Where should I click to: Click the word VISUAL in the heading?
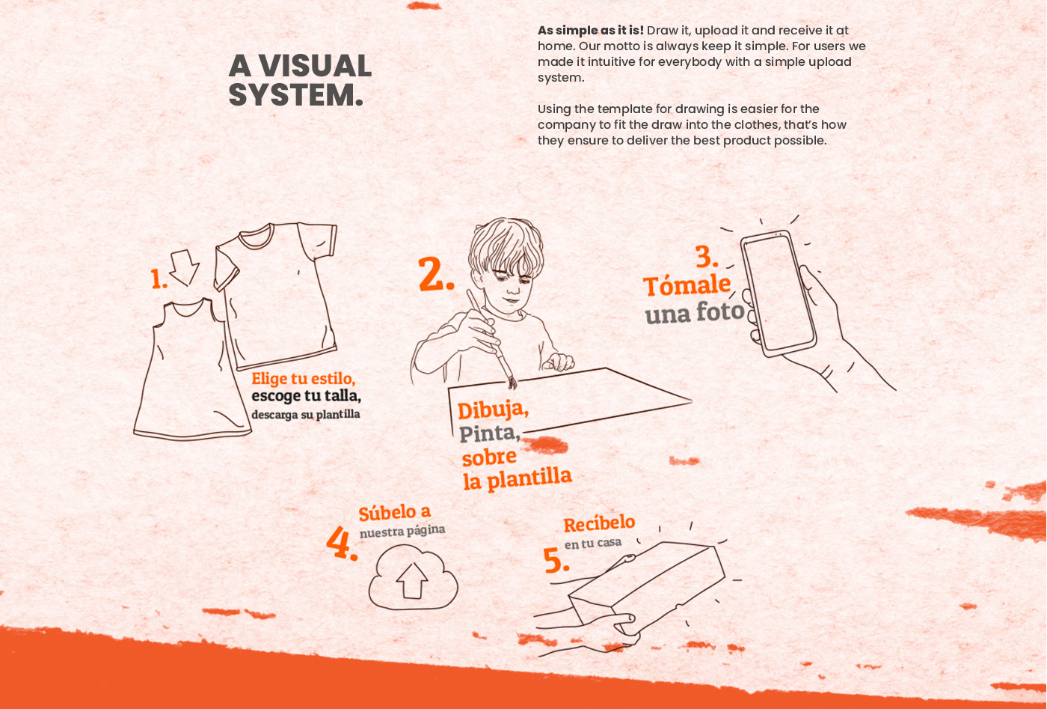pyautogui.click(x=316, y=66)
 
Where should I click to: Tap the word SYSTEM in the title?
pyautogui.click(x=292, y=95)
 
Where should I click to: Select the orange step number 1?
pyautogui.click(x=158, y=279)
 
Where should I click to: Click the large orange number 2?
pyautogui.click(x=435, y=274)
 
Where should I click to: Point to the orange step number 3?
pyautogui.click(x=706, y=257)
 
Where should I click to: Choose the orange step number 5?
pyautogui.click(x=556, y=560)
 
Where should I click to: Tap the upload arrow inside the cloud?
pyautogui.click(x=412, y=580)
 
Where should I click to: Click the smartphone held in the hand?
pyautogui.click(x=778, y=293)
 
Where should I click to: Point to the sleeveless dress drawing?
pyautogui.click(x=191, y=370)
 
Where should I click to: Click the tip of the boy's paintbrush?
pyautogui.click(x=513, y=388)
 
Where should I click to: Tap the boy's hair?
pyautogui.click(x=506, y=246)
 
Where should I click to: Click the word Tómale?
pyautogui.click(x=687, y=285)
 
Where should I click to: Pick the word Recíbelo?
pyautogui.click(x=599, y=523)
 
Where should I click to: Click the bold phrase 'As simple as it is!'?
pyautogui.click(x=591, y=31)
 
